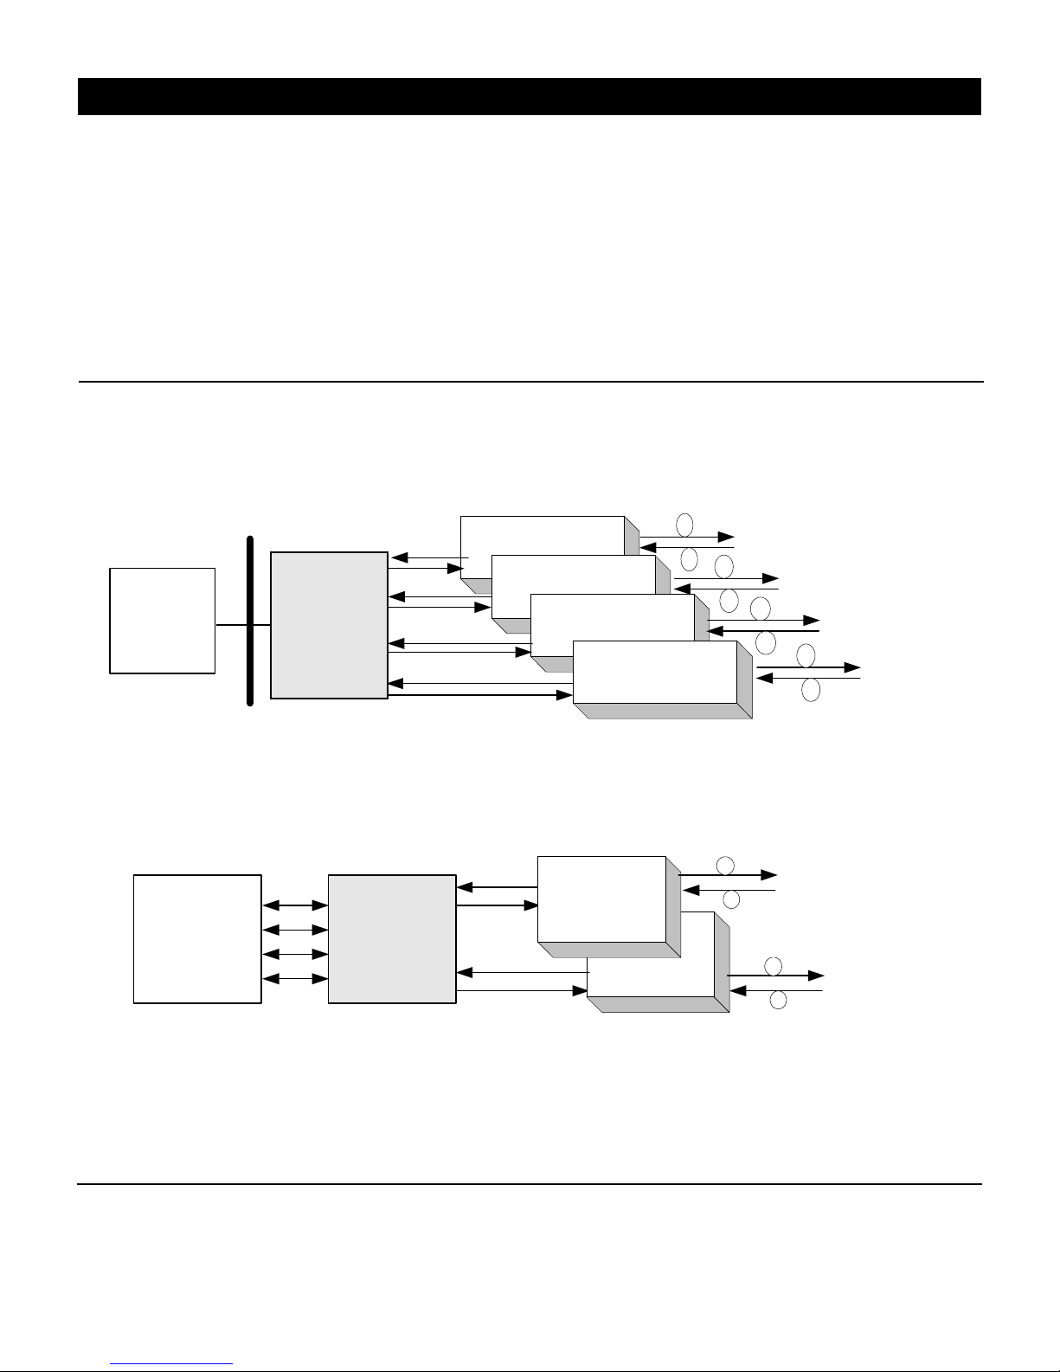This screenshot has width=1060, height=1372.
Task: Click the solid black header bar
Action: (529, 96)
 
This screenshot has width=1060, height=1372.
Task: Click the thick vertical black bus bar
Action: (250, 621)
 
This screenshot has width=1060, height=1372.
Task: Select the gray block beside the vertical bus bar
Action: (329, 624)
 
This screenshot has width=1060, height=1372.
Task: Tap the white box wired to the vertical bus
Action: (162, 620)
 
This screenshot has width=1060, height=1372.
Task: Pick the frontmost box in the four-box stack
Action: (654, 672)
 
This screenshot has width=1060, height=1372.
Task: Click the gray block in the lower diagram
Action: (392, 938)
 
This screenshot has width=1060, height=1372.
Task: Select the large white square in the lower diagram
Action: (197, 938)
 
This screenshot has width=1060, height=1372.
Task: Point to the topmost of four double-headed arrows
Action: (295, 905)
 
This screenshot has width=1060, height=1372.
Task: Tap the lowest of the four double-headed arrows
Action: (295, 979)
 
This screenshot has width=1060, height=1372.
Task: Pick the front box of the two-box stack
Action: (601, 899)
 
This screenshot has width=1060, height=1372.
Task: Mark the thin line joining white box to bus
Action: (232, 624)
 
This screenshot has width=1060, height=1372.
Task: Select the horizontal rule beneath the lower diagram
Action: (530, 1183)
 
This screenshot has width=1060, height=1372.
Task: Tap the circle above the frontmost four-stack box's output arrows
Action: (806, 655)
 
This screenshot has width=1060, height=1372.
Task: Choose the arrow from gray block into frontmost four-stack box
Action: (480, 694)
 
